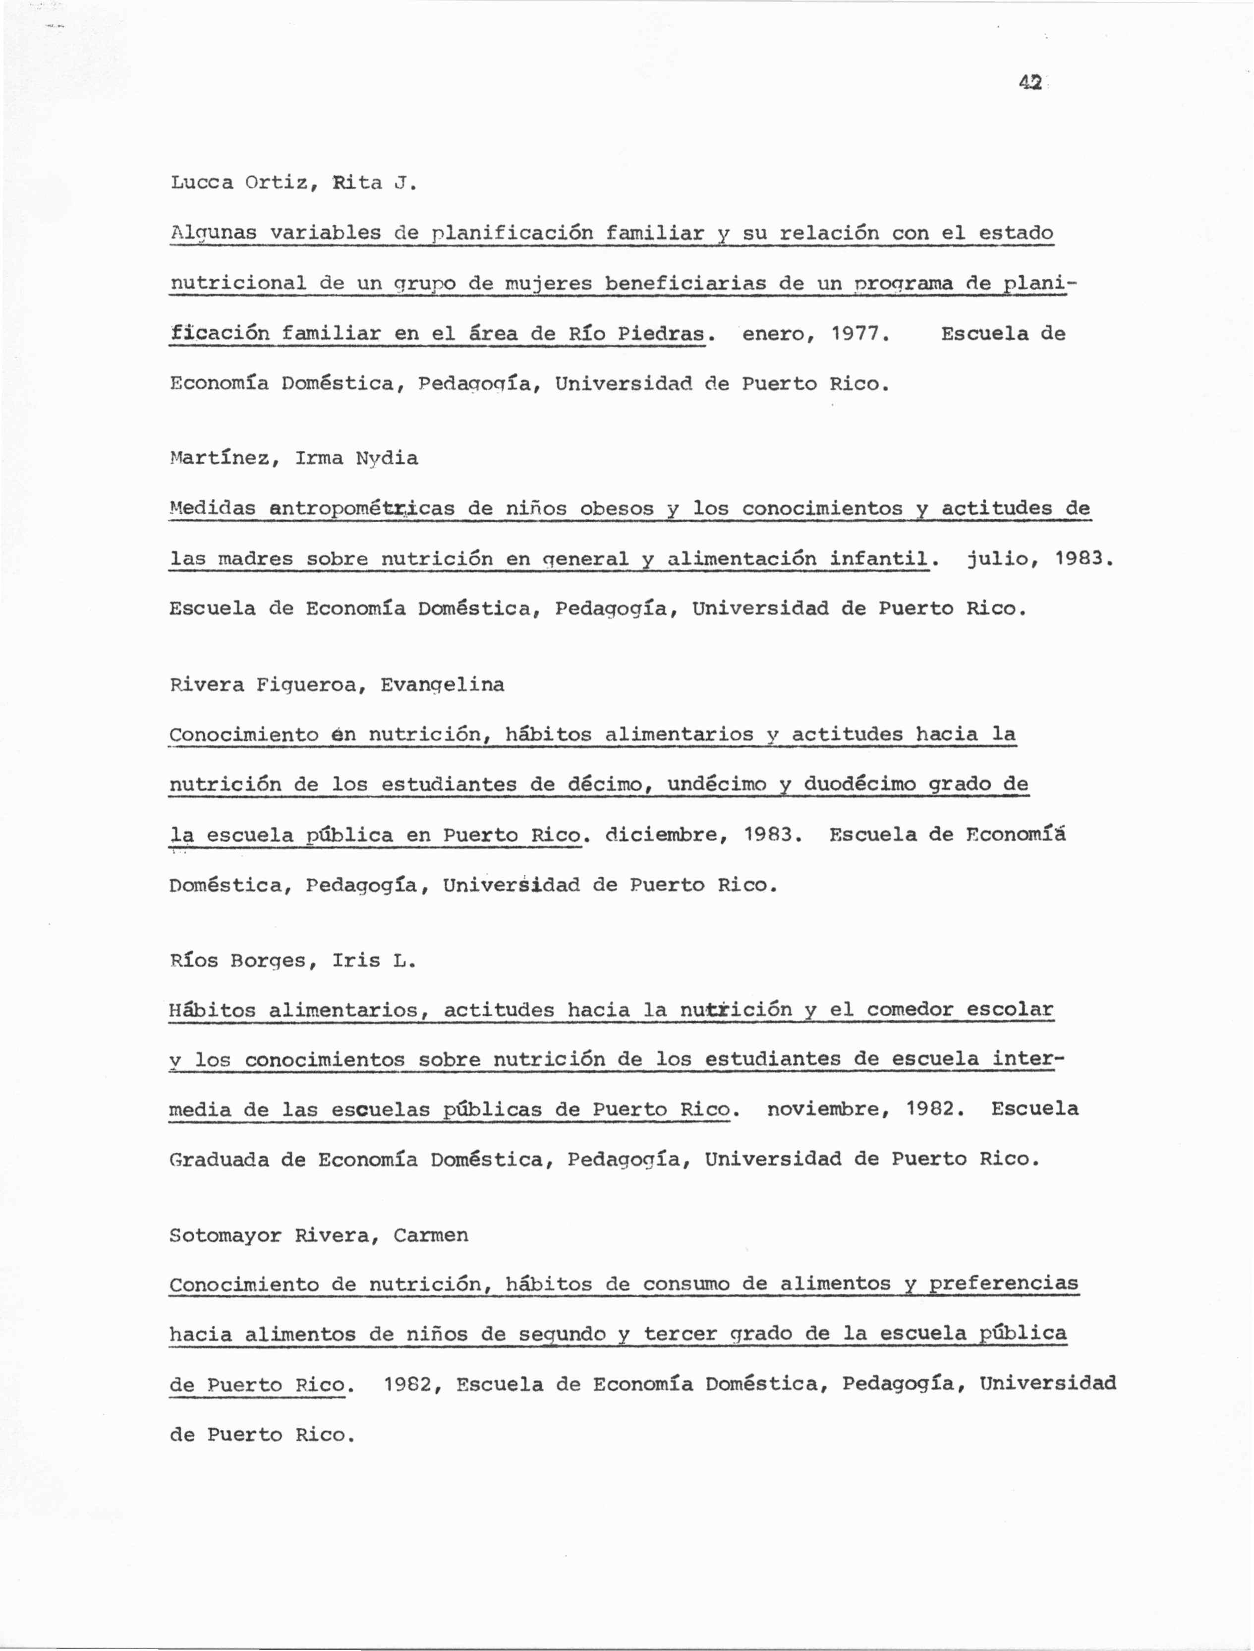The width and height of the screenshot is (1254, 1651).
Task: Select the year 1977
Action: [860, 334]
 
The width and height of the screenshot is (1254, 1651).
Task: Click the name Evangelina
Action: [443, 685]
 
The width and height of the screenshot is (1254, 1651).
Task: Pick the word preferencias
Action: [1003, 1284]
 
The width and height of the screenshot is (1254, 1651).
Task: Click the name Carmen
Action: [431, 1236]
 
